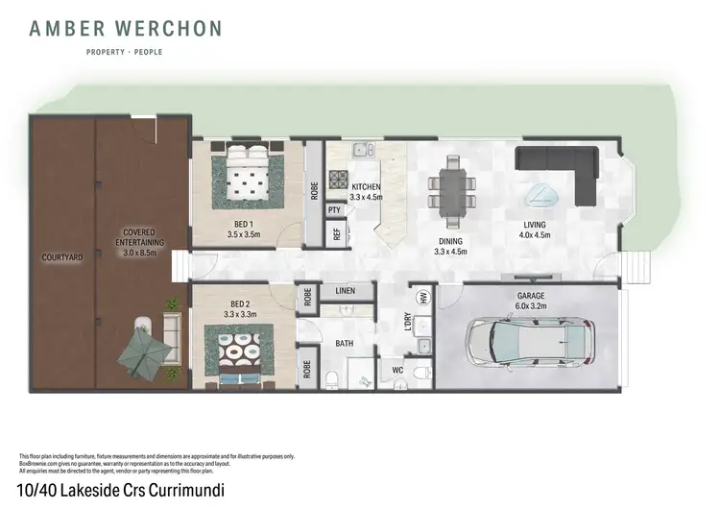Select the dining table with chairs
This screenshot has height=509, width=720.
click(450, 187)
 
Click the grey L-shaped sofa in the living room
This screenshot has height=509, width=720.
click(562, 167)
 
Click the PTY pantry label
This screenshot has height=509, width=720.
click(335, 210)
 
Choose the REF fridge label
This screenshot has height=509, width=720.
click(337, 234)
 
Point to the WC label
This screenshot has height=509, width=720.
click(396, 368)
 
